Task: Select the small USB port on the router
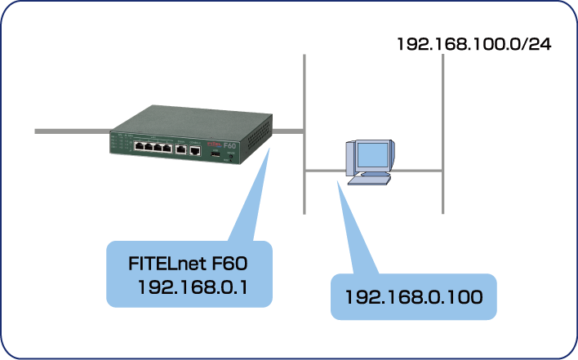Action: click(x=215, y=153)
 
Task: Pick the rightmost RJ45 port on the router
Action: click(x=194, y=150)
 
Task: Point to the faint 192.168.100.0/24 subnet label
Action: click(x=474, y=43)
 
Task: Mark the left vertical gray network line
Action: click(x=303, y=98)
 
